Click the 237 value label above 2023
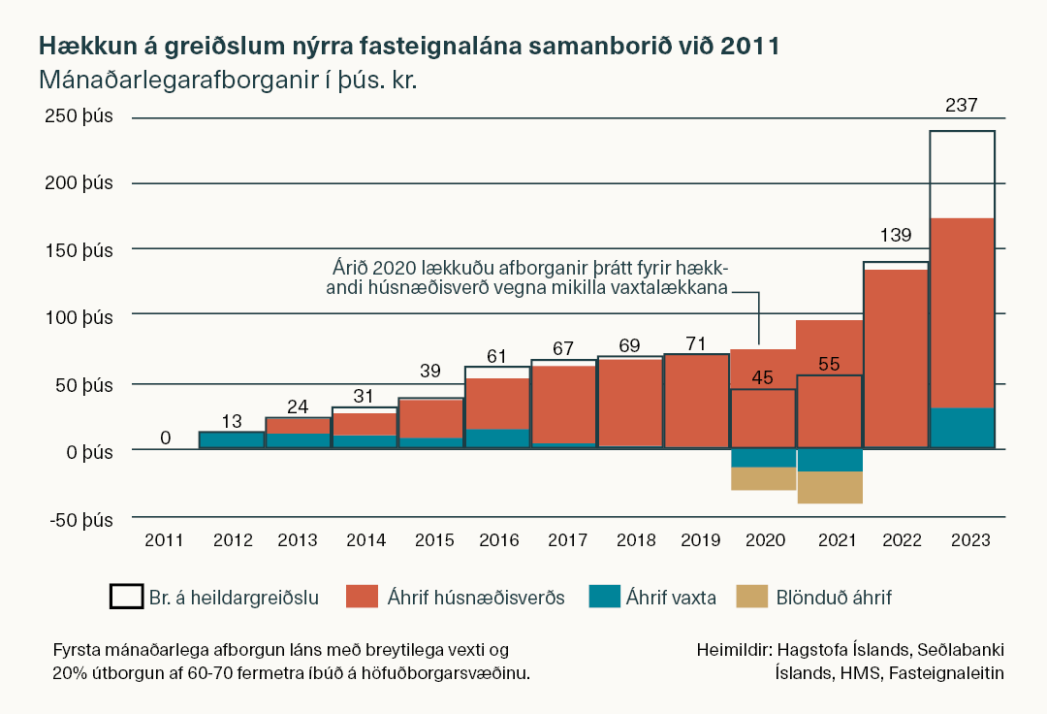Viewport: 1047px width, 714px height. tap(962, 105)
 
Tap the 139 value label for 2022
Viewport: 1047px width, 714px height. tap(895, 236)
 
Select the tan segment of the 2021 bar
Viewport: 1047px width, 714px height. tap(829, 487)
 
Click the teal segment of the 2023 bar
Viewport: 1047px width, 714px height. tap(962, 428)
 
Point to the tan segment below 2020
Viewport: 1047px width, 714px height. tap(762, 478)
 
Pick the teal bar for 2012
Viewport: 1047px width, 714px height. tap(231, 439)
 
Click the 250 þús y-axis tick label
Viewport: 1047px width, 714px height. tap(79, 116)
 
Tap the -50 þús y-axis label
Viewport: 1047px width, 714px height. tap(79, 519)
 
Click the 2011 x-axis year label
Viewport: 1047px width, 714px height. tap(165, 538)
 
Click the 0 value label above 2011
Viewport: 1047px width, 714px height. tap(165, 438)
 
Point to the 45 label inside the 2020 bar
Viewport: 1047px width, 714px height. tap(762, 378)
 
